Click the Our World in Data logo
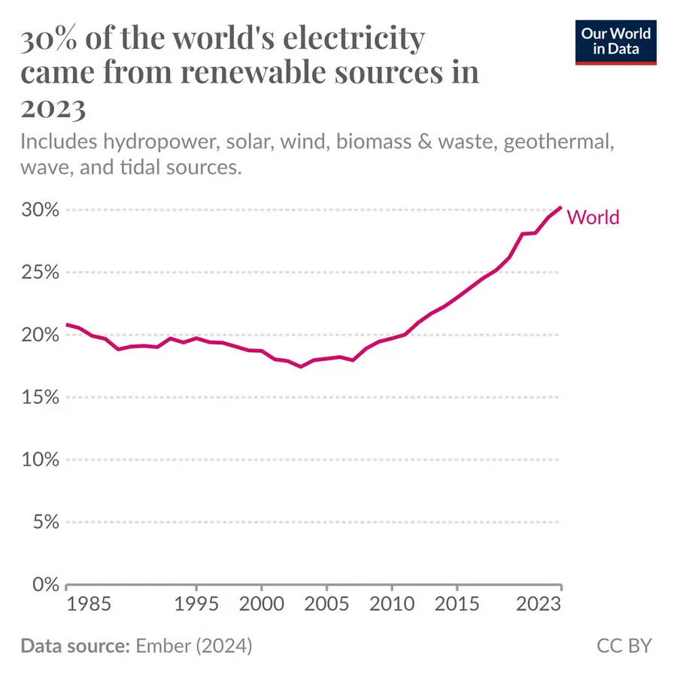click(x=615, y=42)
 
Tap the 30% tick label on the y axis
click(x=40, y=210)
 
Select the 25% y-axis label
click(x=40, y=272)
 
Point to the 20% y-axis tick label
click(x=40, y=335)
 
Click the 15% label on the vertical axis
click(x=40, y=397)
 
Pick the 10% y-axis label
click(x=40, y=460)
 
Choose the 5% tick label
click(x=46, y=522)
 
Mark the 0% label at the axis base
click(x=46, y=584)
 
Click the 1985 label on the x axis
click(x=89, y=604)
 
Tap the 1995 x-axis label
click(x=196, y=604)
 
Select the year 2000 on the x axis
click(x=262, y=604)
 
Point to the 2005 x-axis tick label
click(x=326, y=604)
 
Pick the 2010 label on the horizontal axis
click(x=392, y=604)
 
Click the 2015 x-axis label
click(x=457, y=604)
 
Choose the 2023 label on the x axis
click(x=539, y=604)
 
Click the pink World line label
click(x=593, y=217)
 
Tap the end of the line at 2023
click(x=561, y=208)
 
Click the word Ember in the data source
click(x=163, y=646)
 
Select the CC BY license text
click(x=624, y=646)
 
